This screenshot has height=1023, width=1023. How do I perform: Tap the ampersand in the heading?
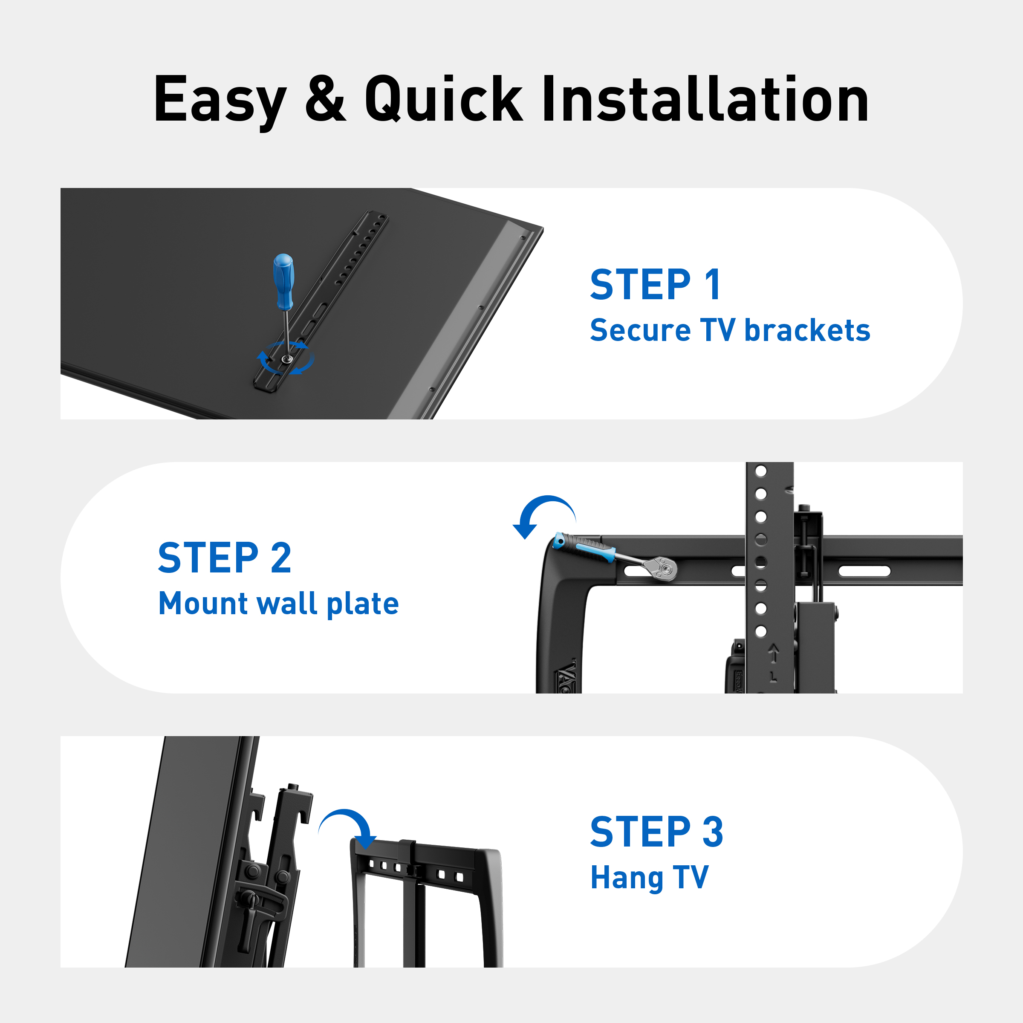[x=325, y=98]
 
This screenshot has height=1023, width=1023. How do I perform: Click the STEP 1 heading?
[x=655, y=284]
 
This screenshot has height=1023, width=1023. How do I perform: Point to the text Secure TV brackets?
[x=730, y=330]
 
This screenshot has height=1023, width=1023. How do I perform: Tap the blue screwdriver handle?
[x=283, y=282]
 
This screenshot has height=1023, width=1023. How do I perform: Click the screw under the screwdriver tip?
[x=286, y=359]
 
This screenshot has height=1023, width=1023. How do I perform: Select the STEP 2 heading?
[x=225, y=558]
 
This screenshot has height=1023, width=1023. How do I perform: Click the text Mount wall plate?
[x=278, y=604]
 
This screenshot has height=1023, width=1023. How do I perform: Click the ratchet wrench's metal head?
[x=662, y=568]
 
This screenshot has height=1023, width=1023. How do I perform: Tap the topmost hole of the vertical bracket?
[x=761, y=471]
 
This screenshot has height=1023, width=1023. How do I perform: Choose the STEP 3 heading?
[x=656, y=832]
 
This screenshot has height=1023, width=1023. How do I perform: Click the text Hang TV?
[x=649, y=878]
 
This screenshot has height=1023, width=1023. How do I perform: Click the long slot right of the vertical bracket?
[x=864, y=571]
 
